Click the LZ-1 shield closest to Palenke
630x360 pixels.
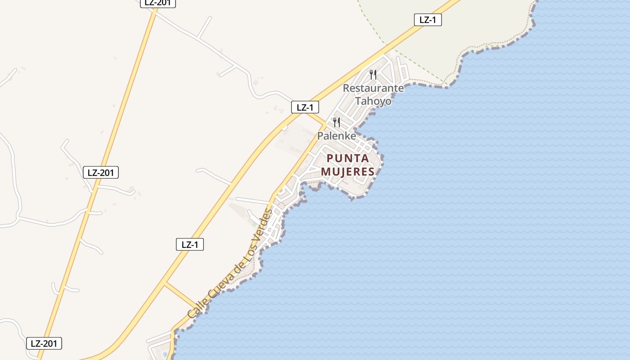click(305, 107)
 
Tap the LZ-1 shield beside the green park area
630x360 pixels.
click(427, 20)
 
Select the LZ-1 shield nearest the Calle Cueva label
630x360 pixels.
click(189, 244)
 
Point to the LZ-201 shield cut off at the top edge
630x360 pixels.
click(157, 3)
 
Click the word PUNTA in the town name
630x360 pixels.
click(348, 158)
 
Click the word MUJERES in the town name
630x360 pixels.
click(347, 171)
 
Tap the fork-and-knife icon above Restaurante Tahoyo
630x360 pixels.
click(373, 74)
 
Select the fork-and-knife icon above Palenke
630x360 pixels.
click(336, 122)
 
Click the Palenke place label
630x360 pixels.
click(337, 135)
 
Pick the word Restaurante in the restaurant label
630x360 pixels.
click(373, 88)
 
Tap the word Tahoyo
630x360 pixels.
click(373, 101)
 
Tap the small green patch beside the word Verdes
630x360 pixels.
click(255, 223)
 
